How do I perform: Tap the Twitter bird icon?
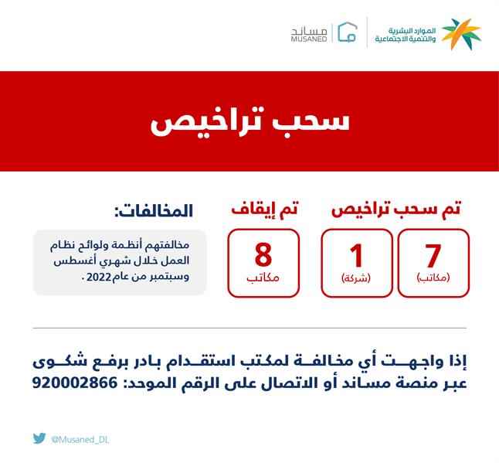39,438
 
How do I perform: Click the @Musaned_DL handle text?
80,439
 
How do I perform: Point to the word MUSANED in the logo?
309,38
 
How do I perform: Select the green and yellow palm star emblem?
462,32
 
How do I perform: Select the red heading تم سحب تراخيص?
397,208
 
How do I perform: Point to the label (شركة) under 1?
356,277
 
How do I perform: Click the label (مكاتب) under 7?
433,277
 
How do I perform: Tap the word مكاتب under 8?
263,277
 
